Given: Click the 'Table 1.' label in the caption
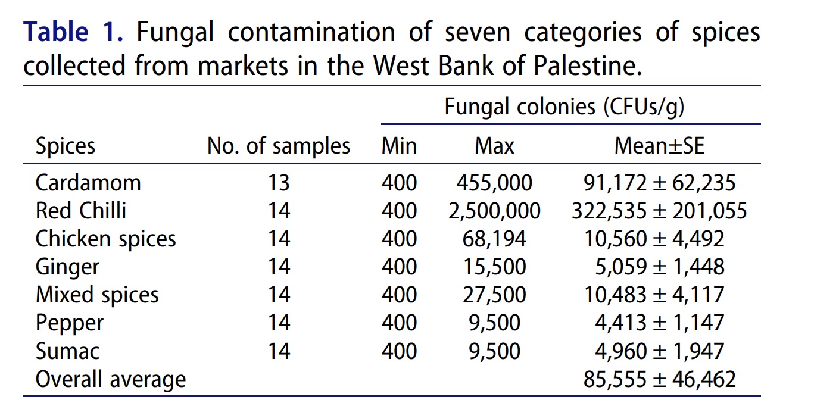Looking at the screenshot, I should click(73, 32).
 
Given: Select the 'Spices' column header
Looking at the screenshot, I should click(65, 146).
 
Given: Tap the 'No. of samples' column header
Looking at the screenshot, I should click(278, 146).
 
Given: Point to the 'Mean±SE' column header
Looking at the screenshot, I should click(659, 146).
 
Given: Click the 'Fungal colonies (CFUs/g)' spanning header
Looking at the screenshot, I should click(564, 107).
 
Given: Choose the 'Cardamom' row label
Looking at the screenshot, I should click(88, 182).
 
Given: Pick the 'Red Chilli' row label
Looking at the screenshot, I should click(81, 211).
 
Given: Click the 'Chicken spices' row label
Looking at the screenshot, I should click(106, 239).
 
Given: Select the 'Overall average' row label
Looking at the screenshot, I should click(111, 379).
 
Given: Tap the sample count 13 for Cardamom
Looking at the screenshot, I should click(278, 182).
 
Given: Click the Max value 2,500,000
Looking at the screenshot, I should click(494, 211).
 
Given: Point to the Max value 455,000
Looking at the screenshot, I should click(494, 182).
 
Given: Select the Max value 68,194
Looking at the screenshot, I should click(494, 239).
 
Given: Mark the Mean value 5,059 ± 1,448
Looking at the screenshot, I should click(660, 267).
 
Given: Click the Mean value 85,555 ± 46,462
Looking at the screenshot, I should click(660, 379).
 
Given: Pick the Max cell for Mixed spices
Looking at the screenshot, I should click(494, 295).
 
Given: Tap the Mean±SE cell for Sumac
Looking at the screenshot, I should click(660, 351).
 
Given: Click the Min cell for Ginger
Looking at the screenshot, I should click(399, 267).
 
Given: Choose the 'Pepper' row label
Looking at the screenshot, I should click(70, 323).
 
